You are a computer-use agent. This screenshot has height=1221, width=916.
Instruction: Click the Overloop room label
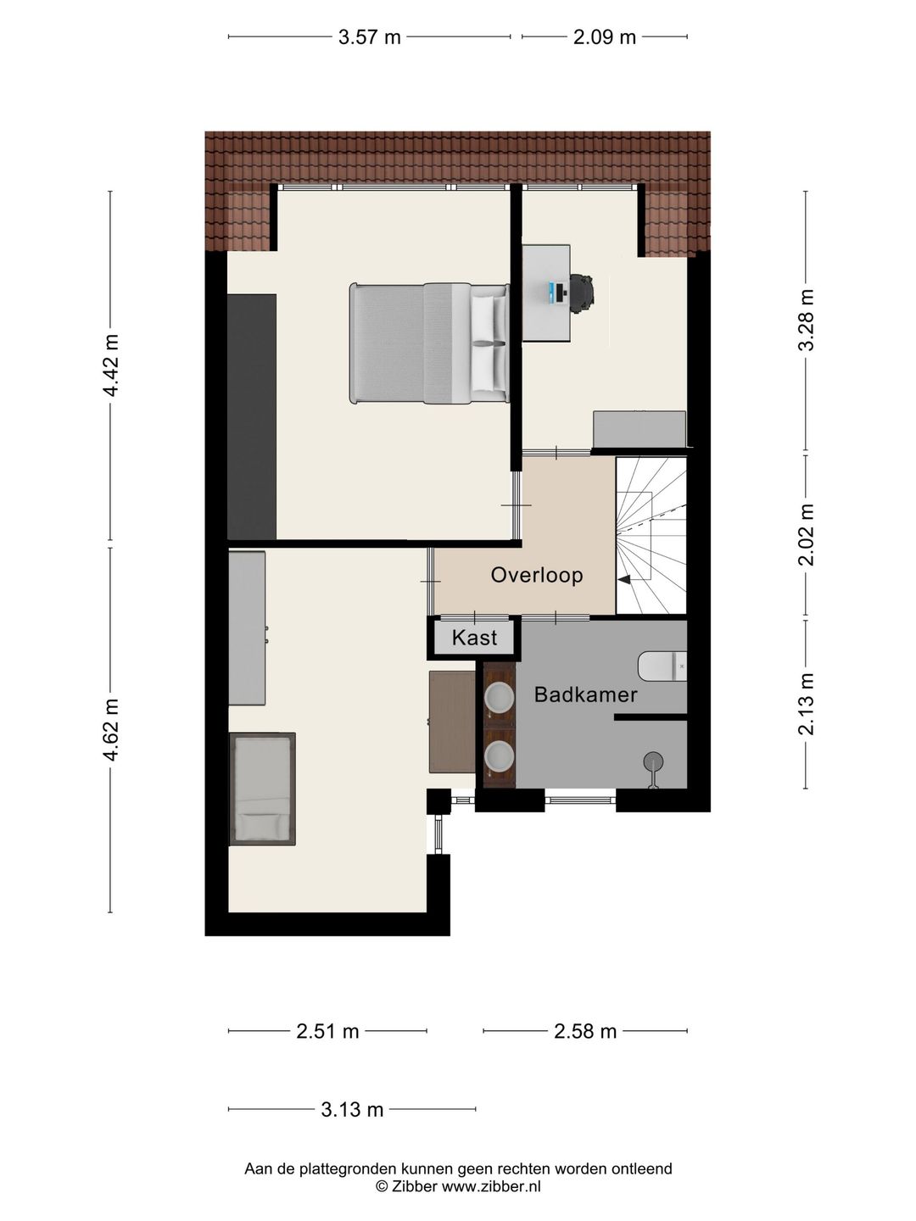[537, 575]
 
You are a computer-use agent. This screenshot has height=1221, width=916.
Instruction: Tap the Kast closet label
[474, 638]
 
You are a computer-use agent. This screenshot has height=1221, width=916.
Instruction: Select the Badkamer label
[585, 694]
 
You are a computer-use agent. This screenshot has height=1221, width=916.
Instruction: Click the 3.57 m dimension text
[369, 37]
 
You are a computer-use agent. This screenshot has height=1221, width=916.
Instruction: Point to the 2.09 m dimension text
[605, 37]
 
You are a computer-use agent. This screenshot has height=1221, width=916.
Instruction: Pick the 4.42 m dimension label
[111, 365]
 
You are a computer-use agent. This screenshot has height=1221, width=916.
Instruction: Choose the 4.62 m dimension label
[111, 730]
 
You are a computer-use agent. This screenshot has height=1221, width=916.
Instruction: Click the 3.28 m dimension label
[806, 320]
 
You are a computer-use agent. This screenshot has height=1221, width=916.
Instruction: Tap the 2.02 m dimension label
[806, 534]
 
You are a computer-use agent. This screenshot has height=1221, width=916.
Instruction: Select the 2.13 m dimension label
[806, 705]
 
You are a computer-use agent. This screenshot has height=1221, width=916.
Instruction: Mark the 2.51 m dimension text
[327, 1031]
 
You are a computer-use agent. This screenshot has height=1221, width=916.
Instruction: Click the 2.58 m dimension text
[585, 1031]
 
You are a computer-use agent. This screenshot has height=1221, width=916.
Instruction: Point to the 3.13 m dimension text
[352, 1109]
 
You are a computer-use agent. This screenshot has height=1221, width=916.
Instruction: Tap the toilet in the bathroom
[662, 666]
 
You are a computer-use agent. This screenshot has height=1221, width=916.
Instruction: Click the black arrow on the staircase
[624, 580]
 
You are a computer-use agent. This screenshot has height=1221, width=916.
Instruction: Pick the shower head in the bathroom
[653, 761]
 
